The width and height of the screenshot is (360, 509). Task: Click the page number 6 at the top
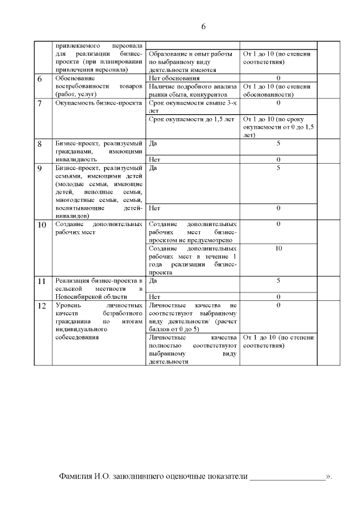click(x=204, y=27)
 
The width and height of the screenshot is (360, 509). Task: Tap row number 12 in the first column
click(x=42, y=306)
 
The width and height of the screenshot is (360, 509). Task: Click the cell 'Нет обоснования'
click(x=174, y=78)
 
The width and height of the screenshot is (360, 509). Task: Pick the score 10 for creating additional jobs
click(x=278, y=248)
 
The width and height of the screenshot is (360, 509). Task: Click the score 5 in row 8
click(x=278, y=143)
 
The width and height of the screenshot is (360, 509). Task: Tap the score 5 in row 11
click(x=278, y=280)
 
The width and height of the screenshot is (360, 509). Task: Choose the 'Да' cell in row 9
click(x=154, y=168)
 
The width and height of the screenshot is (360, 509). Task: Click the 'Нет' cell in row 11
click(x=154, y=296)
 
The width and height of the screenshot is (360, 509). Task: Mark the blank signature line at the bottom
click(x=287, y=477)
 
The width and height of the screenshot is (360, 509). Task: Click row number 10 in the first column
click(x=42, y=225)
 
